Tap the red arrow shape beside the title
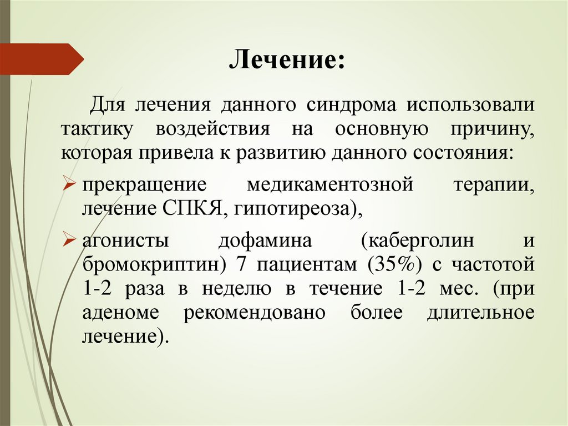point(41,59)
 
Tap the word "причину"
point(492,129)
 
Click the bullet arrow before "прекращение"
point(70,184)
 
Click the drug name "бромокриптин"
point(149,264)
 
